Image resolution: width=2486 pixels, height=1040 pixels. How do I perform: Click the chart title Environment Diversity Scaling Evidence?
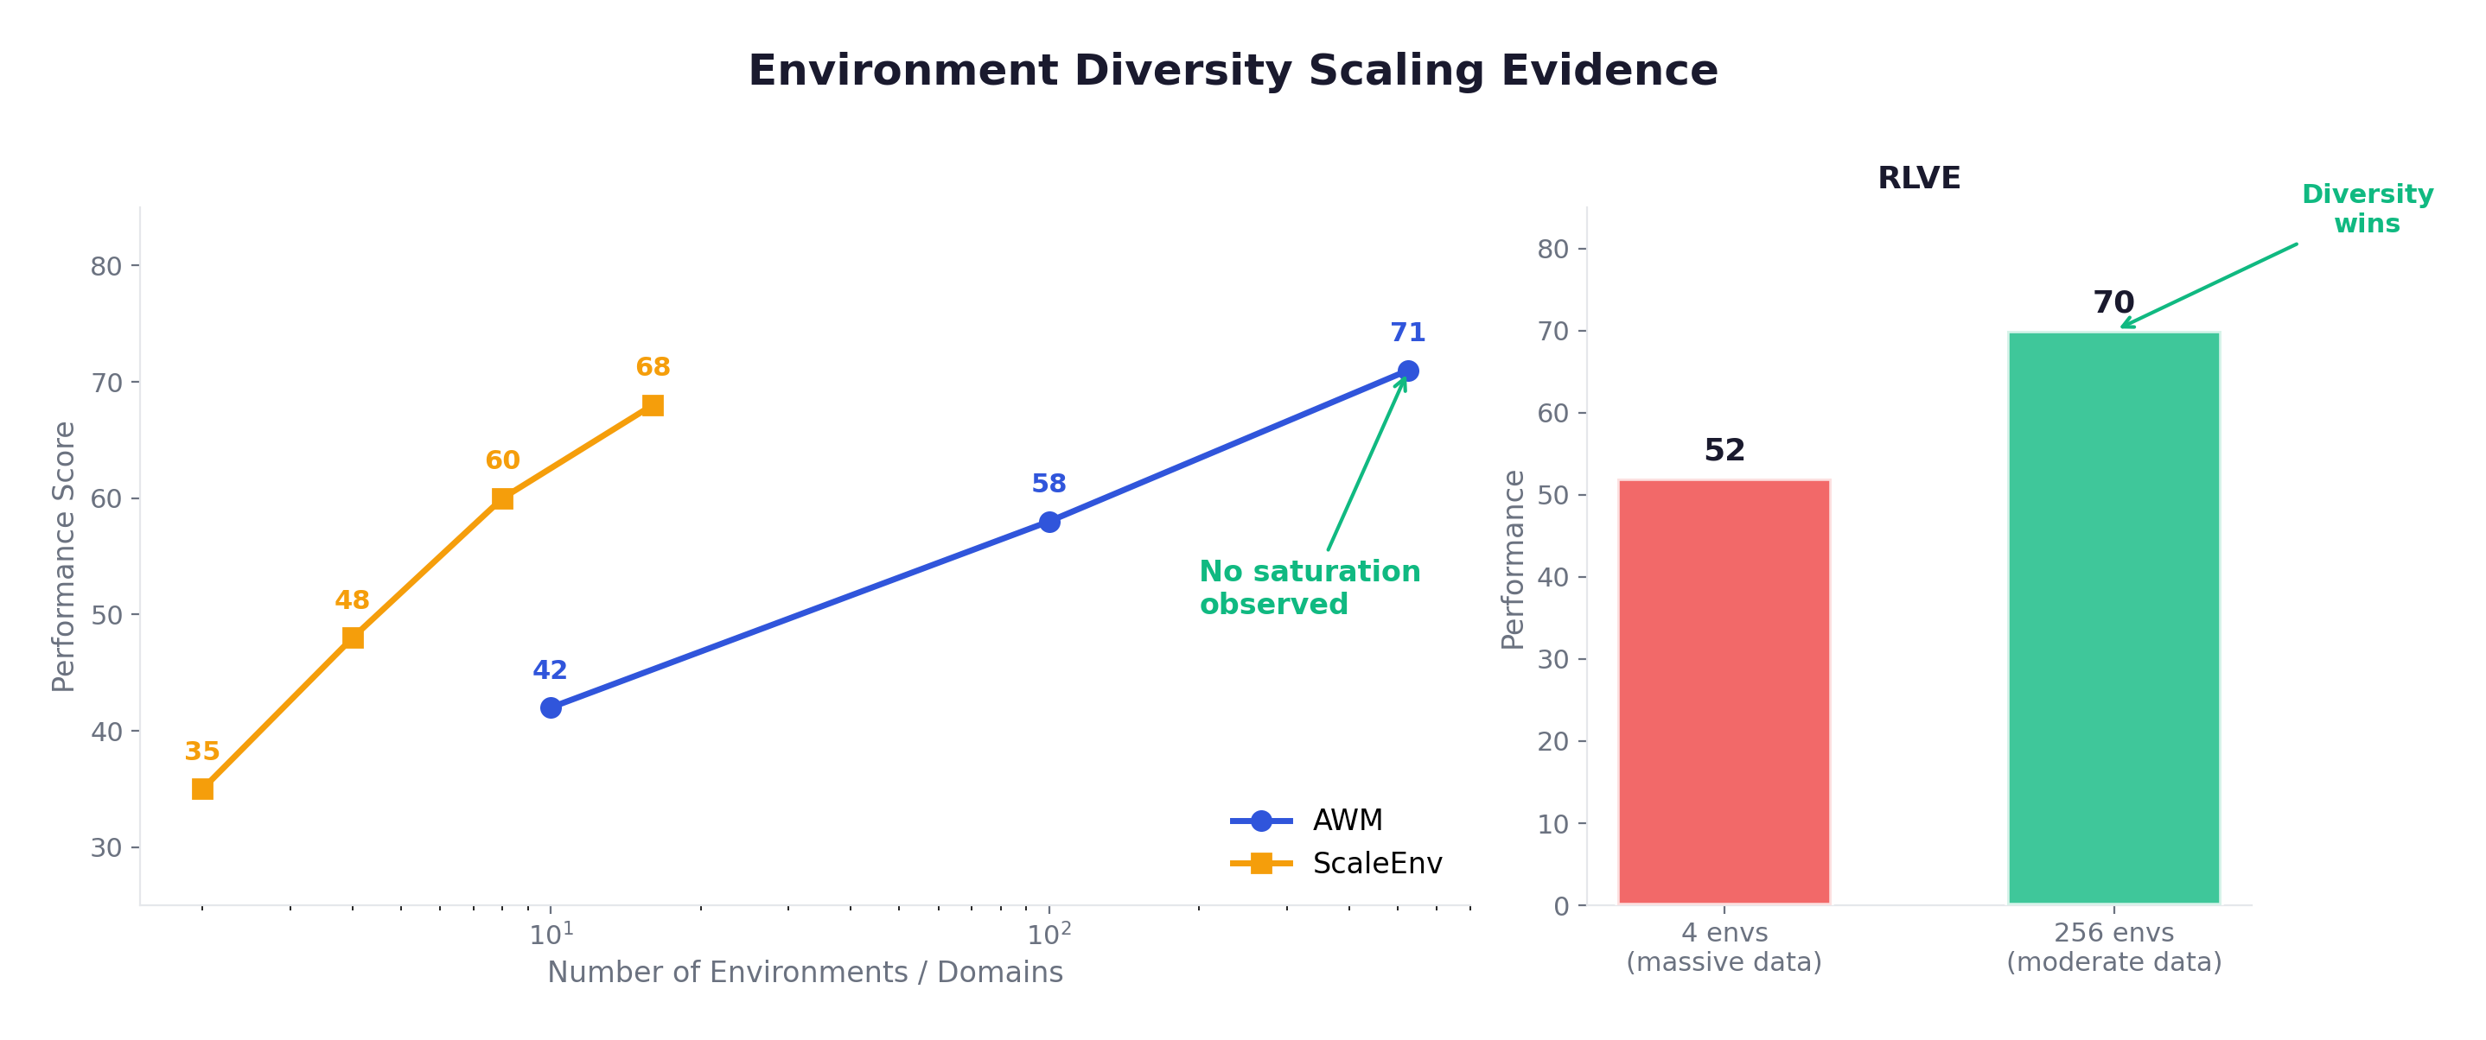click(x=1233, y=72)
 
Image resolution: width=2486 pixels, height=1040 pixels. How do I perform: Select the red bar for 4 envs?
click(x=1724, y=692)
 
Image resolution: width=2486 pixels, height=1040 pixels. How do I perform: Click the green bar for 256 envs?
click(x=2113, y=618)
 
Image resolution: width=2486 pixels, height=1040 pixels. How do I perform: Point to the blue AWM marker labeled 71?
click(x=1408, y=371)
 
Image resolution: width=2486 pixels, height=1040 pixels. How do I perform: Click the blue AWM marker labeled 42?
click(x=551, y=708)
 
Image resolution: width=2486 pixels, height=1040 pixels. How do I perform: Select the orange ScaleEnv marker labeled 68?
click(x=653, y=406)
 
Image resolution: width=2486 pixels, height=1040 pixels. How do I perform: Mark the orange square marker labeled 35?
click(x=202, y=790)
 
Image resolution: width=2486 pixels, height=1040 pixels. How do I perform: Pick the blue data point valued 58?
click(x=1049, y=522)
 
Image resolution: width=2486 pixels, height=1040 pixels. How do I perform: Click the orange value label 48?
click(x=353, y=600)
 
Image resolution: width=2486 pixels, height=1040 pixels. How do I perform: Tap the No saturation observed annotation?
click(x=1309, y=587)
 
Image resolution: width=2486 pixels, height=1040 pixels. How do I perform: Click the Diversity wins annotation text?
click(x=2367, y=208)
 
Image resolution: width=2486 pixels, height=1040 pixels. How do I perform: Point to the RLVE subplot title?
click(x=1919, y=179)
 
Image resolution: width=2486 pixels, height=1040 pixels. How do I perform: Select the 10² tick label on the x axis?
click(x=1049, y=934)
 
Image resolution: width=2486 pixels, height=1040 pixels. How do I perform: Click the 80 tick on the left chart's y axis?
click(x=106, y=266)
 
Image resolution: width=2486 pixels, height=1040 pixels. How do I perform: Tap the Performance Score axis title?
click(x=64, y=556)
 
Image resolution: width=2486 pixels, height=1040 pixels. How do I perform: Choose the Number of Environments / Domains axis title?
click(x=805, y=973)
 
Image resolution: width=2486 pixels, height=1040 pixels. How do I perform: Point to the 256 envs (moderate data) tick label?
click(x=2113, y=948)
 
